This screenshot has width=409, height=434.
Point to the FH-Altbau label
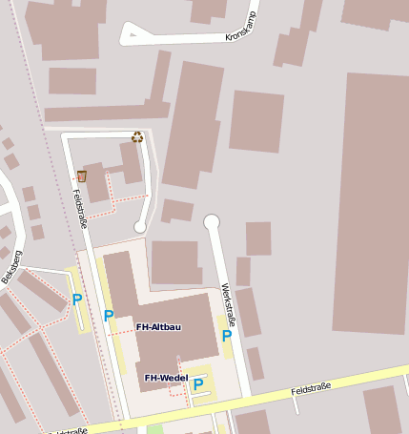159,326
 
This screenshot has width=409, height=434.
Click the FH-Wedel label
166,378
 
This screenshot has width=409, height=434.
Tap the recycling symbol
137,136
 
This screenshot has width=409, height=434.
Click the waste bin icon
82,176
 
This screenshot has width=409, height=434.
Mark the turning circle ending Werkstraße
212,222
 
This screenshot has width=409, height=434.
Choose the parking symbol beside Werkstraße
227,336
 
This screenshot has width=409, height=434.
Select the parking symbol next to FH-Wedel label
198,384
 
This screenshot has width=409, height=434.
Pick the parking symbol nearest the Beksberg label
77,300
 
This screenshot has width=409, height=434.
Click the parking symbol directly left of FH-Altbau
109,316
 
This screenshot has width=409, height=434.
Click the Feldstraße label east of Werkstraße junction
311,387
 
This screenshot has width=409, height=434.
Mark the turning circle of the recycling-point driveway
140,227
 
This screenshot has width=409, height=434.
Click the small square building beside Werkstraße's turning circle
257,238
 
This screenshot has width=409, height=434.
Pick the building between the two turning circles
177,210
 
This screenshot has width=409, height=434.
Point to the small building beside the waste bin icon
96,180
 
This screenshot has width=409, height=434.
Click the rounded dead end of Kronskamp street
129,36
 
